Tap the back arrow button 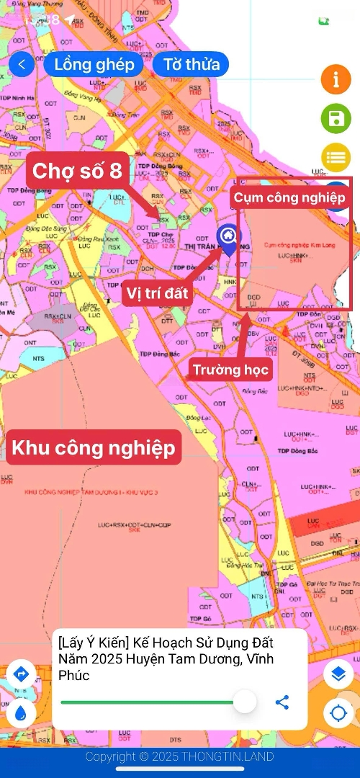(22, 64)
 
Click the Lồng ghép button (94, 64)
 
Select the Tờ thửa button (191, 64)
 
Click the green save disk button (336, 118)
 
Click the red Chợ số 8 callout (77, 171)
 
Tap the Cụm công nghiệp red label (291, 197)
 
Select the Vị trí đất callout (156, 293)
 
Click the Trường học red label (230, 370)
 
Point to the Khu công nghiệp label (93, 447)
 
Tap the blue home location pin (229, 237)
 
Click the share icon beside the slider (282, 701)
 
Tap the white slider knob (245, 701)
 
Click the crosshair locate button (338, 713)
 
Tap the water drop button (21, 713)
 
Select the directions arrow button (21, 674)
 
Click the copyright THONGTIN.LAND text (179, 756)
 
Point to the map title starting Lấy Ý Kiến (166, 658)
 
